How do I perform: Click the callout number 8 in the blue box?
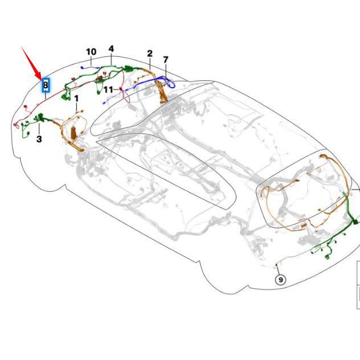click(x=46, y=85)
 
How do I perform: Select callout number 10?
click(x=91, y=52)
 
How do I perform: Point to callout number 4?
click(x=111, y=49)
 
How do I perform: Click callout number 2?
click(x=150, y=54)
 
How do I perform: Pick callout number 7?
click(x=166, y=59)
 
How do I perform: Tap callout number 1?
click(x=76, y=99)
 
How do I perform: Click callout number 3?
click(x=39, y=138)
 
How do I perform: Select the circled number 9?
click(x=280, y=279)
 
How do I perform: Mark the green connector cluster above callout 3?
click(x=40, y=118)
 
